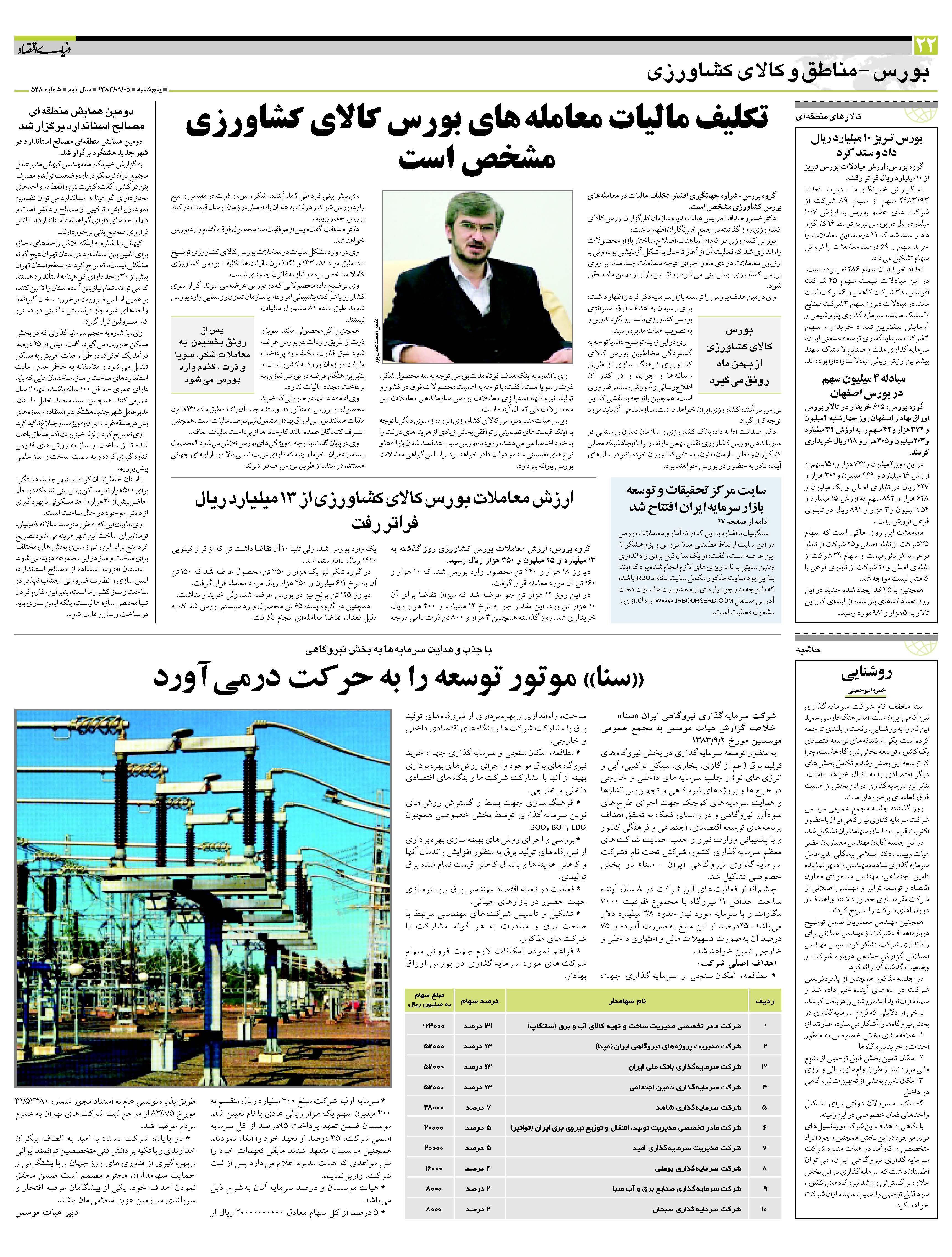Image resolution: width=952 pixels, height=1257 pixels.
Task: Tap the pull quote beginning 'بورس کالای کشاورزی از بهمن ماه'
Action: (x=739, y=355)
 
